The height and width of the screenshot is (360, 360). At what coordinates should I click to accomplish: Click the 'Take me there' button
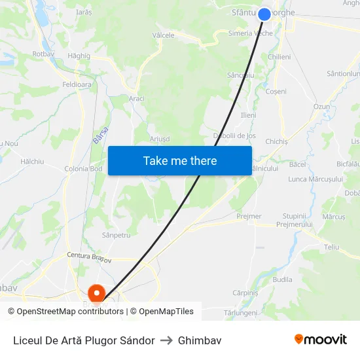point(180,160)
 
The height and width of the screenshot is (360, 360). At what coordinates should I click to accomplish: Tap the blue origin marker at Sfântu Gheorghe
point(264,14)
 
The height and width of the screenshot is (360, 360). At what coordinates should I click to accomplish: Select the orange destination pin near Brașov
point(96,293)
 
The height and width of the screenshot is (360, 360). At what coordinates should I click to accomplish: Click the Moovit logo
point(320,340)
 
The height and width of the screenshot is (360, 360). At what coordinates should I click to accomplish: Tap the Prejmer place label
point(249,216)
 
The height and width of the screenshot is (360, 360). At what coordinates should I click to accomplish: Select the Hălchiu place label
point(32,160)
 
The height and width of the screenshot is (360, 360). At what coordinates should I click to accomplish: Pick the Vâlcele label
point(164,35)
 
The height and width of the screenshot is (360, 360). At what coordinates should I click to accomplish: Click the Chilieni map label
point(279,57)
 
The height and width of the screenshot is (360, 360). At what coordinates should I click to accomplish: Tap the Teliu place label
point(331,247)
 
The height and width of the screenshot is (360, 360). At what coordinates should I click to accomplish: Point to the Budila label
point(282,279)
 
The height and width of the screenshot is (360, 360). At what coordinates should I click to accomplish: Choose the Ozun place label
point(321,106)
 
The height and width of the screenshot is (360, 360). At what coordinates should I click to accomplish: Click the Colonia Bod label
point(83,169)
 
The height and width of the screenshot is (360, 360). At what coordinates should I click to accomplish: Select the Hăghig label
point(79,56)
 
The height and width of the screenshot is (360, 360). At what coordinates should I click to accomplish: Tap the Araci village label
point(137,98)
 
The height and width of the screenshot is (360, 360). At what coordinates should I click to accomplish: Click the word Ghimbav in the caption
point(200,340)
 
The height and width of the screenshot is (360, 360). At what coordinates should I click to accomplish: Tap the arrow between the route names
point(166,340)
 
